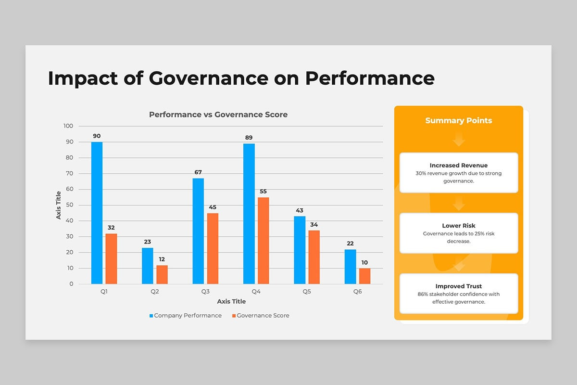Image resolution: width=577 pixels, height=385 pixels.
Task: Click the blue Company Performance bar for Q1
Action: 97,213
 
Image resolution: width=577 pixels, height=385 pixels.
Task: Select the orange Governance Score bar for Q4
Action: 263,241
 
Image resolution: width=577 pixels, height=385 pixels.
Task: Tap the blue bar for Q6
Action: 351,267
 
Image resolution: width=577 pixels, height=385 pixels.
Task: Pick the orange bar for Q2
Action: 162,274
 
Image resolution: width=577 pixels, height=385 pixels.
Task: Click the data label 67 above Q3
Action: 198,172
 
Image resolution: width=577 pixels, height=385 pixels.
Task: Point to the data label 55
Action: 263,191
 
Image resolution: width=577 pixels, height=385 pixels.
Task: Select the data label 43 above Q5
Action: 300,210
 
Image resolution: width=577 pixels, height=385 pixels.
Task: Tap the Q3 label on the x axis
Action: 205,292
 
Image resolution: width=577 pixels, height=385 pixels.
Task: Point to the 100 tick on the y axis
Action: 68,126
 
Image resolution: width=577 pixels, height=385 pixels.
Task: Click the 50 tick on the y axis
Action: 70,205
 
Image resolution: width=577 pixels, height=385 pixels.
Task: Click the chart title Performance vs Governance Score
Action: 218,115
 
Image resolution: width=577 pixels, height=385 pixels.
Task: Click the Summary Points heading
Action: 459,120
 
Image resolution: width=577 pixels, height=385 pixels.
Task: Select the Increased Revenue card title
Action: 459,166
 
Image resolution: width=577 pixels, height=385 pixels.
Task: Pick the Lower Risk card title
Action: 459,226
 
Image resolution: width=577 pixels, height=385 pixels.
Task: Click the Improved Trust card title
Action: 459,286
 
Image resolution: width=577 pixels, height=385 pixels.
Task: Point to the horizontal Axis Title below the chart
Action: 231,301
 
